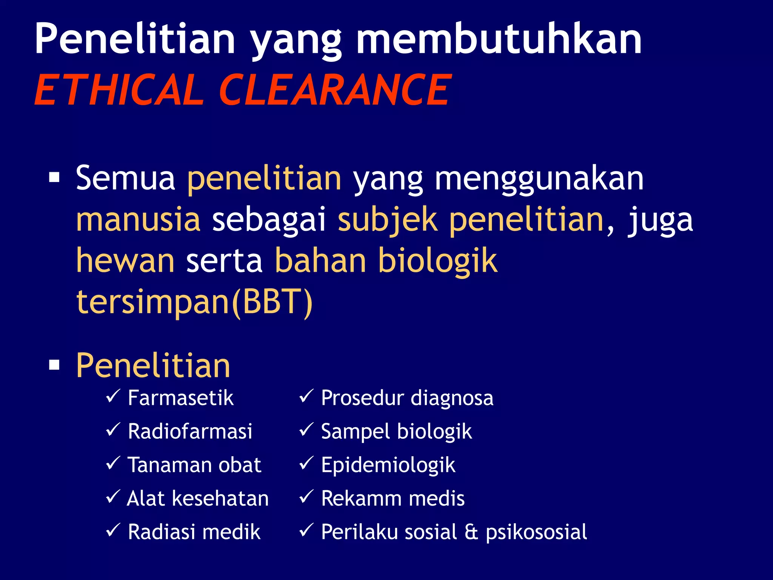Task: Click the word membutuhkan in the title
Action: [499, 39]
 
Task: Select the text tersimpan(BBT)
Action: [194, 302]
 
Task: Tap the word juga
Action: [660, 221]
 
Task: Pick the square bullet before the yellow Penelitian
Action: [54, 365]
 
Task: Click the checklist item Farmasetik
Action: [180, 398]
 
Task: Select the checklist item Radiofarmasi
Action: [190, 431]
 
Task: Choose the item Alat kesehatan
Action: [198, 498]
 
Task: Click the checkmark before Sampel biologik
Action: [306, 430]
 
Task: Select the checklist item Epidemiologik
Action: [388, 465]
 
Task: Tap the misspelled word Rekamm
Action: [362, 498]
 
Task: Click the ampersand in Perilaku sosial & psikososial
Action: [471, 532]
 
